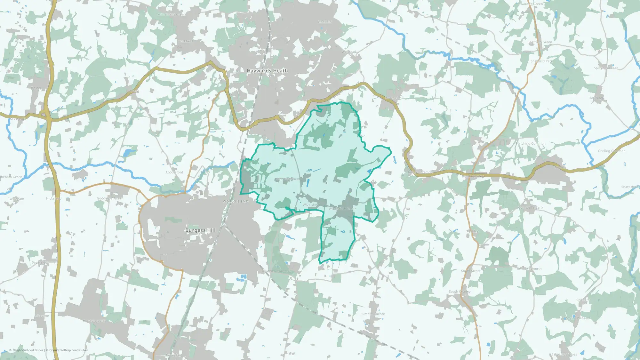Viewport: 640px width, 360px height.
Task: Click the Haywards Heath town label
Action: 267,71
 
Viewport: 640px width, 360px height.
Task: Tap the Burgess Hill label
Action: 200,230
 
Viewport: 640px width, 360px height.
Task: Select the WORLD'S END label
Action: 236,201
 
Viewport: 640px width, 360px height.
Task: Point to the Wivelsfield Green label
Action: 342,209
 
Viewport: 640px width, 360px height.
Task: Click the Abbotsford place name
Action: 174,172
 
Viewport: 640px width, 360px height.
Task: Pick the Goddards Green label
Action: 110,198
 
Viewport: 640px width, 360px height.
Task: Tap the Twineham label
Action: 16,199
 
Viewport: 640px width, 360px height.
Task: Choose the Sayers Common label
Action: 44,262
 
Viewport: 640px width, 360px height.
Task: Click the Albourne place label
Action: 42,316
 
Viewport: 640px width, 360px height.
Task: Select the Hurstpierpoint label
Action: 94,321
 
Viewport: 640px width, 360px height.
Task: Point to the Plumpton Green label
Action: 372,314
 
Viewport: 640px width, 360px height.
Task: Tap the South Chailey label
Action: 460,292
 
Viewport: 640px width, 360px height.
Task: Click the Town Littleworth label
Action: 528,269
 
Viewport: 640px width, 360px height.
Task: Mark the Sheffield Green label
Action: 540,42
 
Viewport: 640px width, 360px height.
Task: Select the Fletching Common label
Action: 531,144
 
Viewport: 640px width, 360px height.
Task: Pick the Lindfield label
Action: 325,22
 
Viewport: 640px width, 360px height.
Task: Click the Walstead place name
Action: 349,52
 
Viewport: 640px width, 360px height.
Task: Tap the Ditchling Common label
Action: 277,271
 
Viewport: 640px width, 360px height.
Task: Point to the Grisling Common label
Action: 612,151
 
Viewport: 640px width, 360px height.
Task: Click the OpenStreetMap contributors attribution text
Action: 69,350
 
